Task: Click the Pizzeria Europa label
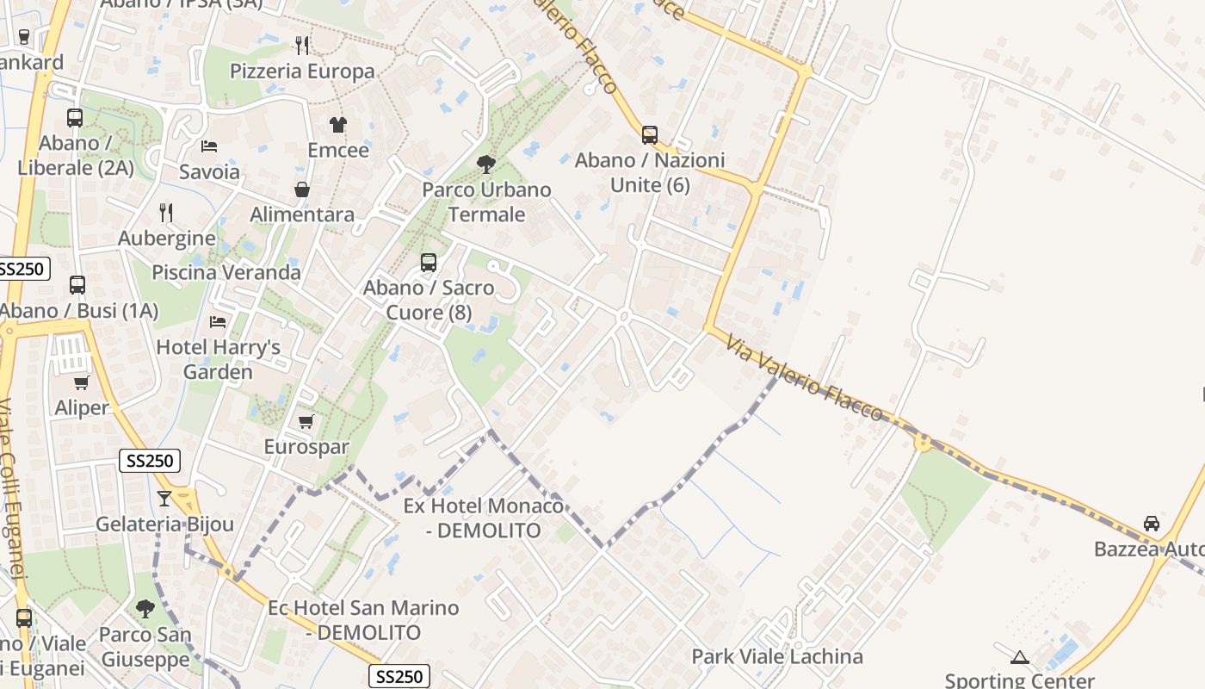pyautogui.click(x=302, y=71)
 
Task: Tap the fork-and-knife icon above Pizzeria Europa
pyautogui.click(x=302, y=45)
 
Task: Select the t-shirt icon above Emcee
pyautogui.click(x=337, y=125)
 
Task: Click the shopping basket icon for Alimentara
pyautogui.click(x=302, y=189)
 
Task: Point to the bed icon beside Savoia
pyautogui.click(x=208, y=146)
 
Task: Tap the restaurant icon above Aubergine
pyautogui.click(x=166, y=212)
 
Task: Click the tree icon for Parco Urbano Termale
pyautogui.click(x=486, y=164)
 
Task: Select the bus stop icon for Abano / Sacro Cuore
pyautogui.click(x=429, y=263)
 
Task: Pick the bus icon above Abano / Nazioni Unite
pyautogui.click(x=650, y=135)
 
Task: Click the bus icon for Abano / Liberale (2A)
pyautogui.click(x=75, y=118)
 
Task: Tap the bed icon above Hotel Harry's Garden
pyautogui.click(x=218, y=322)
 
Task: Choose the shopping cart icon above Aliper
pyautogui.click(x=81, y=382)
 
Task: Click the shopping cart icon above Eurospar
pyautogui.click(x=306, y=421)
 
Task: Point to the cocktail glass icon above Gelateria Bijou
pyautogui.click(x=164, y=498)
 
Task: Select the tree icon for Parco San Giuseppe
pyautogui.click(x=145, y=609)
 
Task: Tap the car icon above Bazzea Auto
pyautogui.click(x=1151, y=524)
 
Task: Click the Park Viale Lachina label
pyautogui.click(x=777, y=657)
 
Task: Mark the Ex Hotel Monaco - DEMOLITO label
pyautogui.click(x=484, y=518)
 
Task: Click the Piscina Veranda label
pyautogui.click(x=226, y=273)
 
